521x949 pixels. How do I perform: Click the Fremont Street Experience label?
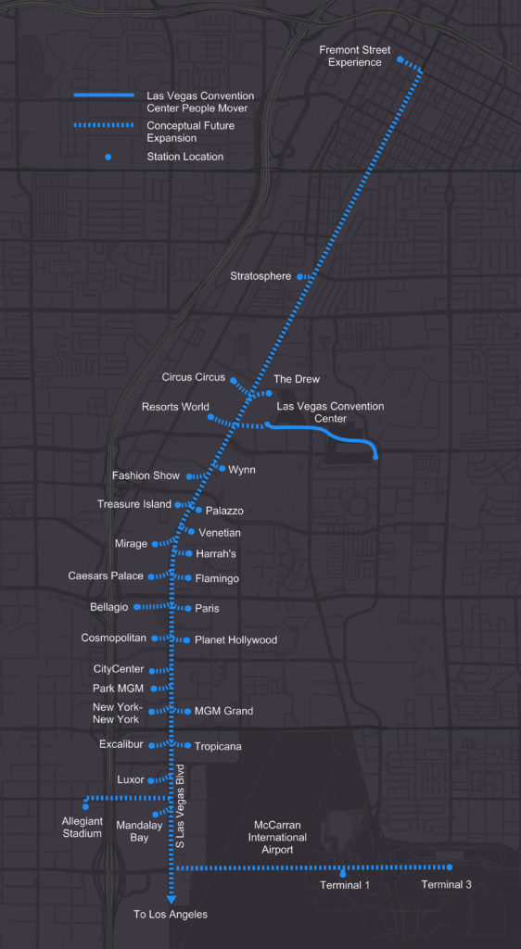tap(355, 56)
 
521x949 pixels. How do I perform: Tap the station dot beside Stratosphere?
tap(300, 276)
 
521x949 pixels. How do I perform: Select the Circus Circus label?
tap(193, 377)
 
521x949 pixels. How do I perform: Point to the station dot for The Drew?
tap(269, 393)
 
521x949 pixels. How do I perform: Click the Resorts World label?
tap(175, 407)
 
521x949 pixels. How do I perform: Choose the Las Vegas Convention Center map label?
tap(330, 412)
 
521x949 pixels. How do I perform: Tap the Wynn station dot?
tap(222, 469)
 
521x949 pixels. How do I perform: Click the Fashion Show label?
tap(146, 475)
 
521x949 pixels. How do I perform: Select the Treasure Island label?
tap(134, 504)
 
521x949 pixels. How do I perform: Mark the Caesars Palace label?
tap(106, 576)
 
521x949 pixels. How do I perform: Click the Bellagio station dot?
tap(136, 607)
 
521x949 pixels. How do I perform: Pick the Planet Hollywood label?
tap(235, 640)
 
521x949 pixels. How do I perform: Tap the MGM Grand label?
tap(223, 711)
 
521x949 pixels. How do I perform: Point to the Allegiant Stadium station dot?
tap(85, 807)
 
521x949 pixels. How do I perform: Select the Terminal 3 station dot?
tap(450, 867)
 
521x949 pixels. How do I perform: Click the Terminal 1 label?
tap(345, 885)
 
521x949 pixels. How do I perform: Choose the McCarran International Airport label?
tap(279, 837)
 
